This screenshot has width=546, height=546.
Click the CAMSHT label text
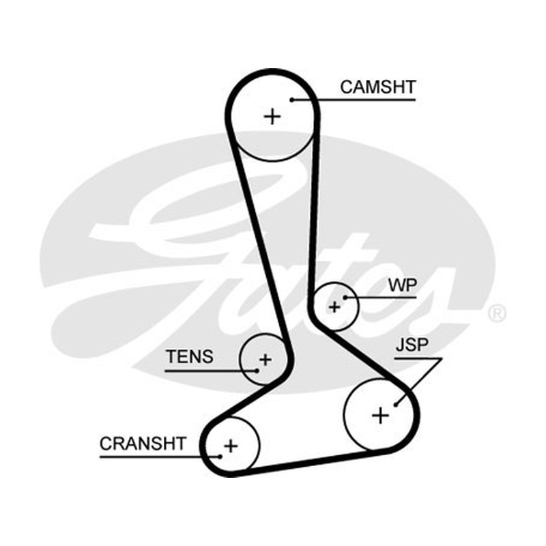pyautogui.click(x=378, y=87)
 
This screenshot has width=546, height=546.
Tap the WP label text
pyautogui.click(x=403, y=285)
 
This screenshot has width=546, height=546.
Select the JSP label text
pyautogui.click(x=412, y=345)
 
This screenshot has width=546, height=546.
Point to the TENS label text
pyautogui.click(x=190, y=356)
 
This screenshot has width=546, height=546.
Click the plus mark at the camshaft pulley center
pyautogui.click(x=272, y=116)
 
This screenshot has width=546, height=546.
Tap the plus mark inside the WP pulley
pyautogui.click(x=334, y=307)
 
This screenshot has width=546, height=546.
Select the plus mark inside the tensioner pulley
pyautogui.click(x=265, y=360)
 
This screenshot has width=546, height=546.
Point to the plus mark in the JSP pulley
pyautogui.click(x=381, y=416)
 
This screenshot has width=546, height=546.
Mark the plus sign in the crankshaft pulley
pyautogui.click(x=231, y=446)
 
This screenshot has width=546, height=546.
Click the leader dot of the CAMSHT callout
pyautogui.click(x=292, y=100)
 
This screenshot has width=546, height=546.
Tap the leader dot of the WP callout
pyautogui.click(x=345, y=298)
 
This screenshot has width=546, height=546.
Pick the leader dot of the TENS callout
pyautogui.click(x=257, y=371)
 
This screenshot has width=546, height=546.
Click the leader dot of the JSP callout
pyautogui.click(x=396, y=405)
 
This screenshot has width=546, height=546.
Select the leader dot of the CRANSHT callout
pyautogui.click(x=220, y=457)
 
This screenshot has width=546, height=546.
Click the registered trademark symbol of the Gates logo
pyautogui.click(x=497, y=313)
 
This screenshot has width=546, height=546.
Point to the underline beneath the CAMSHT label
pyautogui.click(x=354, y=100)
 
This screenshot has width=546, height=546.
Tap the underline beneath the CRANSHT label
pyautogui.click(x=160, y=457)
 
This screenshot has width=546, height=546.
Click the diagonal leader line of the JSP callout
pyautogui.click(x=418, y=382)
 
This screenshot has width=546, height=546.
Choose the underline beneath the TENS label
pyautogui.click(x=211, y=371)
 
